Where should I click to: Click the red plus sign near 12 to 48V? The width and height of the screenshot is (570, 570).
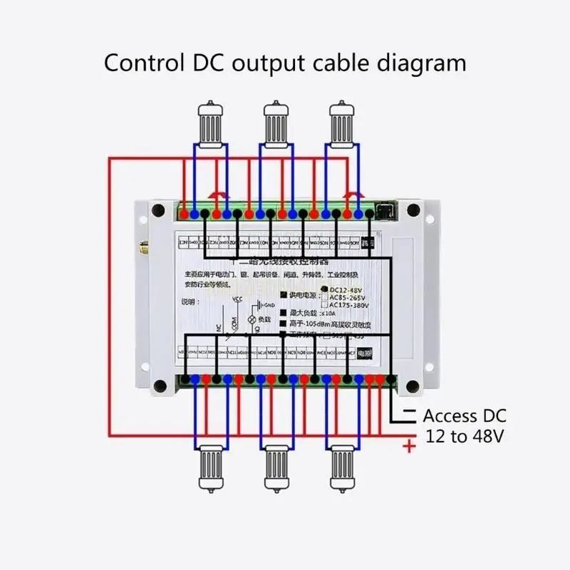pos(409,447)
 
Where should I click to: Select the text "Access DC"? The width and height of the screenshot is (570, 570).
pos(464,415)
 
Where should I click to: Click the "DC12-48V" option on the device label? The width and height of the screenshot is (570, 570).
pos(347,289)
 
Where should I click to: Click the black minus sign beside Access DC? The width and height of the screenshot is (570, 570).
pos(409,413)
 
